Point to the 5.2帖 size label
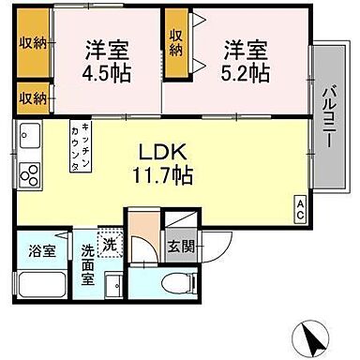tap(245, 71)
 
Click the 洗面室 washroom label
tap(87, 258)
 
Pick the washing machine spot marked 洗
tap(110, 242)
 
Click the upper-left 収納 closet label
tap(31, 43)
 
